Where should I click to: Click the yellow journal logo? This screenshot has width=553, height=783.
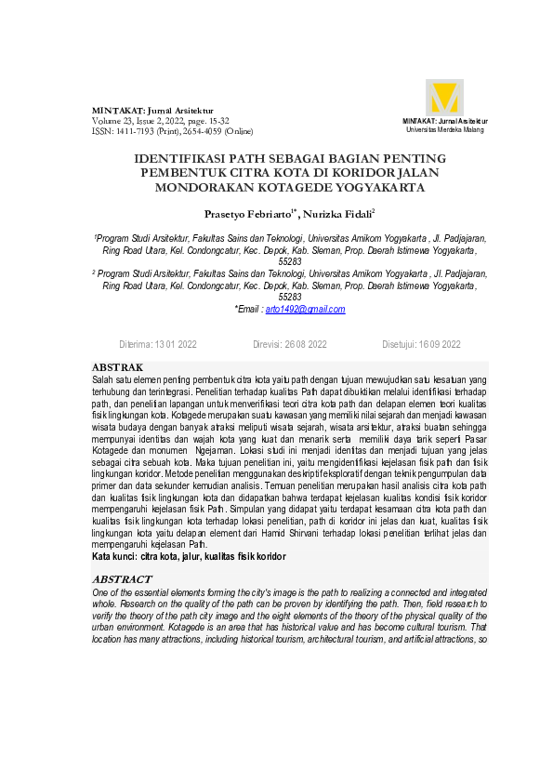pyautogui.click(x=444, y=98)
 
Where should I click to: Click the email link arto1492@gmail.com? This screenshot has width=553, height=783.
pyautogui.click(x=305, y=309)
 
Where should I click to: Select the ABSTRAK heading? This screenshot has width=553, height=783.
pyautogui.click(x=117, y=368)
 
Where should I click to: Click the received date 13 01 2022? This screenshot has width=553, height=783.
pyautogui.click(x=176, y=344)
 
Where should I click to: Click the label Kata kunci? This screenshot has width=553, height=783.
pyautogui.click(x=113, y=556)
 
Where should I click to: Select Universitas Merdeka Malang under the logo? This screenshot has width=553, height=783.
pyautogui.click(x=444, y=129)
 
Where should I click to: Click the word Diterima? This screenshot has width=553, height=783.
pyautogui.click(x=136, y=344)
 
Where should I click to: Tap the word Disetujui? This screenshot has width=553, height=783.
pyautogui.click(x=399, y=344)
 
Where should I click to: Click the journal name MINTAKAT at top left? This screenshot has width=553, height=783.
pyautogui.click(x=116, y=111)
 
